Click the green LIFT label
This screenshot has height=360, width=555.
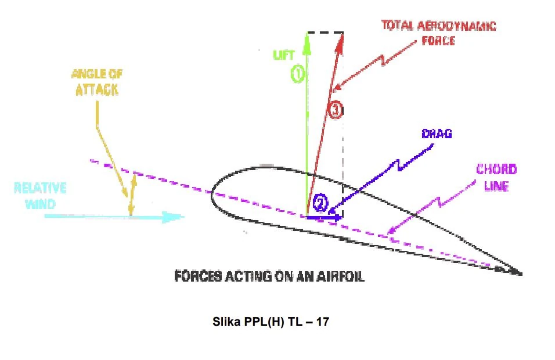coord(283,55)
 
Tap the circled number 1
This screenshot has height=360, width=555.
coord(298,74)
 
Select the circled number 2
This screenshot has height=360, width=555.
coord(320,203)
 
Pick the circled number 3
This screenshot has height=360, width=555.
coord(335,110)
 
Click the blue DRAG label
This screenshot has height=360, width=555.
coord(437,134)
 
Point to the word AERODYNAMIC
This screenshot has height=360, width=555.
coord(457,26)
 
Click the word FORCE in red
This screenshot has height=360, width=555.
coord(438,41)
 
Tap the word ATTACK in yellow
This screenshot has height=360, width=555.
coord(97,89)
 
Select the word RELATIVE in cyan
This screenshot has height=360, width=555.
coord(40,188)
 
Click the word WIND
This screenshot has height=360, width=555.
coord(40,204)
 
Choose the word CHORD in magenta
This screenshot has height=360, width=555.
coord(496,169)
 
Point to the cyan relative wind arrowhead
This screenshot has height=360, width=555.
coord(174,217)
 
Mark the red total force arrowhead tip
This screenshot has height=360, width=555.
coord(343,34)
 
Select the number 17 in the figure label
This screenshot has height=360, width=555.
coord(322,322)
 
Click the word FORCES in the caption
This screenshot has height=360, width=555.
coord(198,276)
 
